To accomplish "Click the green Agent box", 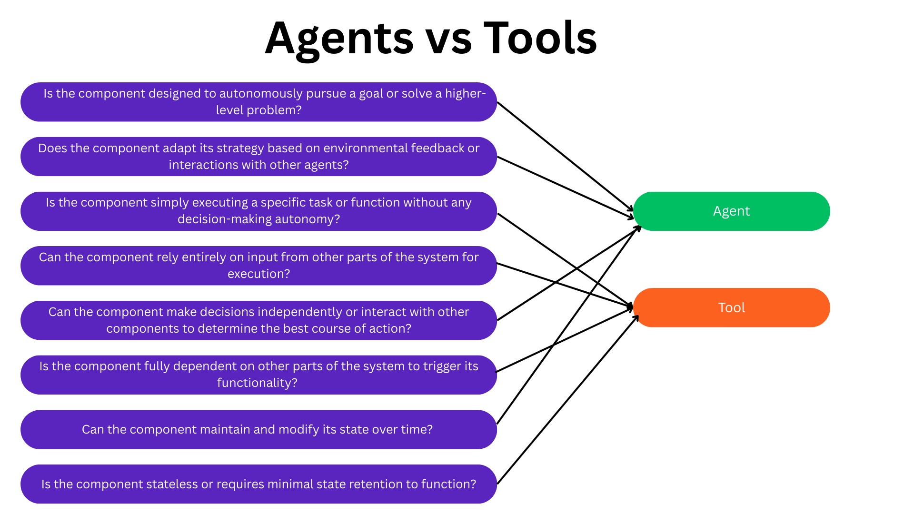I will pyautogui.click(x=731, y=211).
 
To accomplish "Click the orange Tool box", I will pyautogui.click(x=731, y=307).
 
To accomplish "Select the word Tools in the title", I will pyautogui.click(x=540, y=38).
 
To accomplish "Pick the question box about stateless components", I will pyautogui.click(x=258, y=484).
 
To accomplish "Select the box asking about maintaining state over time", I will pyautogui.click(x=258, y=429).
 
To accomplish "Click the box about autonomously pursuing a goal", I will pyautogui.click(x=258, y=102).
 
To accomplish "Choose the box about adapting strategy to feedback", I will pyautogui.click(x=258, y=157).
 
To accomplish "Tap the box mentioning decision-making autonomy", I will pyautogui.click(x=258, y=211).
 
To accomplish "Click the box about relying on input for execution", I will pyautogui.click(x=258, y=266).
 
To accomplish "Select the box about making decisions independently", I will pyautogui.click(x=258, y=320).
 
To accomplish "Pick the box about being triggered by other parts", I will pyautogui.click(x=258, y=375).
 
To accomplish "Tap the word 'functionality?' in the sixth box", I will pyautogui.click(x=257, y=383).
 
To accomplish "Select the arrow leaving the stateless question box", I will pyautogui.click(x=566, y=400).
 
